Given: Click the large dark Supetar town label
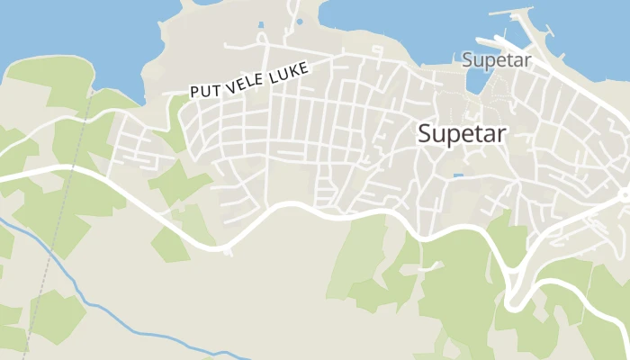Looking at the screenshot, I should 463,133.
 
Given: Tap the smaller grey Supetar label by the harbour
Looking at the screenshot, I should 497,60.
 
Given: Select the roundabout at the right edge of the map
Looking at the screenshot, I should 625,194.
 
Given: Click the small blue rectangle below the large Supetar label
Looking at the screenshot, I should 459,175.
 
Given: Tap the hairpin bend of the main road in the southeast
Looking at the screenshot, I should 511,301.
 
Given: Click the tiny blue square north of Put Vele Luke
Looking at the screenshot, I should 262,24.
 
